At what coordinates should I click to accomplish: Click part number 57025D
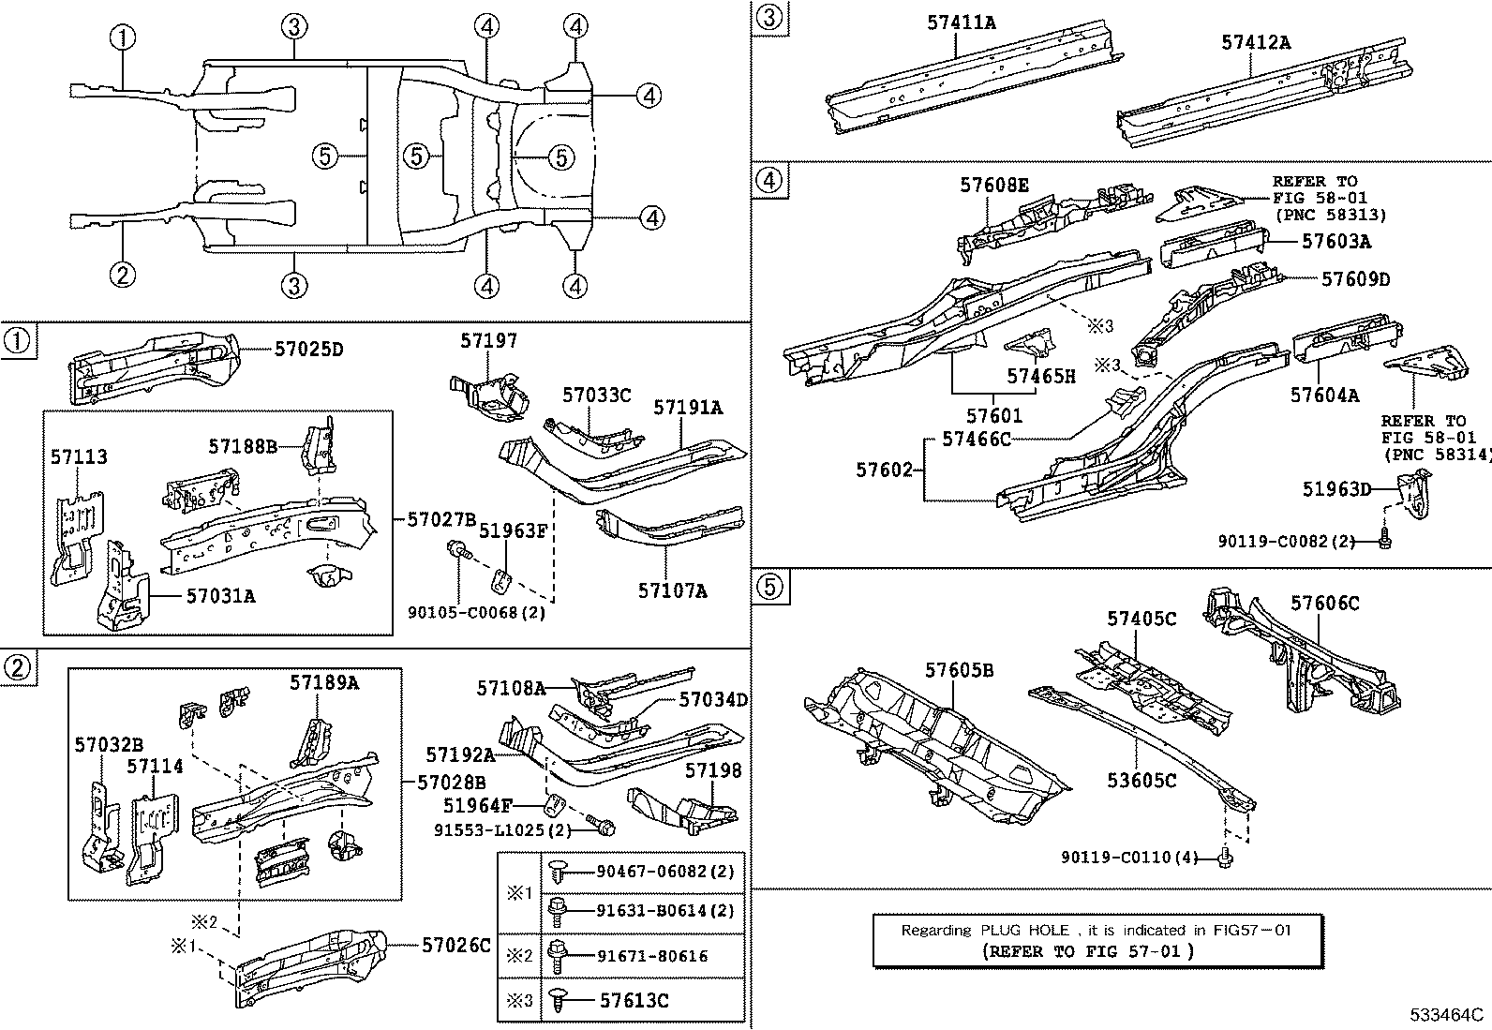click(308, 350)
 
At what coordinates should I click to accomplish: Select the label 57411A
click(962, 21)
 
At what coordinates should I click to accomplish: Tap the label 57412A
click(1256, 41)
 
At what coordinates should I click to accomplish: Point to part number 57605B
click(959, 670)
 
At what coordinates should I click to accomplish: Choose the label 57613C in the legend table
click(634, 1001)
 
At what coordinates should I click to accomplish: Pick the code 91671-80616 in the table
click(652, 956)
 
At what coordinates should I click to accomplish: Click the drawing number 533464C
click(1448, 1015)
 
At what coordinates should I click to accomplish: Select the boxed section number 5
click(767, 587)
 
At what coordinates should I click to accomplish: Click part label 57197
click(488, 341)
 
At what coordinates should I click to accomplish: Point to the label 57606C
click(1324, 604)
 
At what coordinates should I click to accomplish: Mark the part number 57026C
click(455, 945)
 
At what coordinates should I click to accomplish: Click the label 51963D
click(1336, 488)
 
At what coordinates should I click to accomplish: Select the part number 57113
click(79, 457)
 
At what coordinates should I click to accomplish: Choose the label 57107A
click(672, 590)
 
